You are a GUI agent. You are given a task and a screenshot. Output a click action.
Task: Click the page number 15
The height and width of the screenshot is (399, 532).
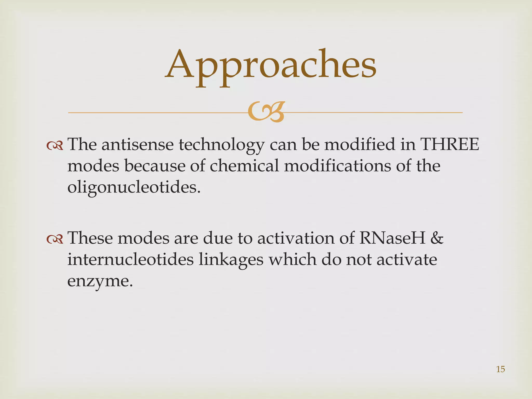coord(500,369)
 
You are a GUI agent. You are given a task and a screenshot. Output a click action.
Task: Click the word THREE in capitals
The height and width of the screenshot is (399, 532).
coord(450,144)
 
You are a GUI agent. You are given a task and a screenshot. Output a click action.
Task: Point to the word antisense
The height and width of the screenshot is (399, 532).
coord(137,144)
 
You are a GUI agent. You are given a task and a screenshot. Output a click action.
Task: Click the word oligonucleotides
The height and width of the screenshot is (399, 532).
coord(134,187)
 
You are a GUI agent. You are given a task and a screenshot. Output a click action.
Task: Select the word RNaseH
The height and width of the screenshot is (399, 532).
coord(392,238)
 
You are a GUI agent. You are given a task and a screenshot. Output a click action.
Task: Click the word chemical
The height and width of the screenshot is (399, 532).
coord(244,166)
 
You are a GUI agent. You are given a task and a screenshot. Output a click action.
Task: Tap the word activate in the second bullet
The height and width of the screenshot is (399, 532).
coord(407,260)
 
